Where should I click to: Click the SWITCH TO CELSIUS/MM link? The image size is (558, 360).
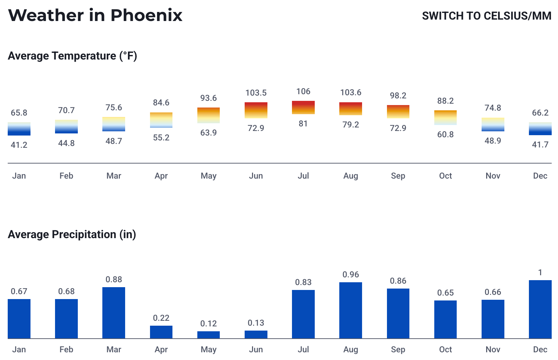pos(486,16)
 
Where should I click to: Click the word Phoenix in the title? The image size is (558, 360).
pos(147,16)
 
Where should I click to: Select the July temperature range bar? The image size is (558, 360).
pos(303,108)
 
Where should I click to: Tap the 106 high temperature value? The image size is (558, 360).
pos(303,91)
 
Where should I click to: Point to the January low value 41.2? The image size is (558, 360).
pos(19,145)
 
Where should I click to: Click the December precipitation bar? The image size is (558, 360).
pos(540,309)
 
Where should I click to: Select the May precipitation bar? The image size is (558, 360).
pos(209,335)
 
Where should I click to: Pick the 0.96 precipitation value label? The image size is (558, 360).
pos(351,275)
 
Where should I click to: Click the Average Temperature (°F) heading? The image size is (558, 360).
pos(72,56)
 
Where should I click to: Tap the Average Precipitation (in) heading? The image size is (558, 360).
pos(72,234)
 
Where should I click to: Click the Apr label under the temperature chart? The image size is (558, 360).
pos(161,176)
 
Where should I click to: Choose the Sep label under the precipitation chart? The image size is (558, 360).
pos(398,349)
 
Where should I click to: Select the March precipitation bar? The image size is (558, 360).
pos(114,313)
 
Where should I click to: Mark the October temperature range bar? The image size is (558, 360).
pos(445,118)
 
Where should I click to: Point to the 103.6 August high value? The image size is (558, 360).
pos(351,92)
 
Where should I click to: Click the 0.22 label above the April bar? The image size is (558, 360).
pos(161,318)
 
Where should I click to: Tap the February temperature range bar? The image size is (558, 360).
pos(66,126)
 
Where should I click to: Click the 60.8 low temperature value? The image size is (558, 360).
pos(445,134)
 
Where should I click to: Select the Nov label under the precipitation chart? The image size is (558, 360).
pos(493,349)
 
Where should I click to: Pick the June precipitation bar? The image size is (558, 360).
pos(256,334)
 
